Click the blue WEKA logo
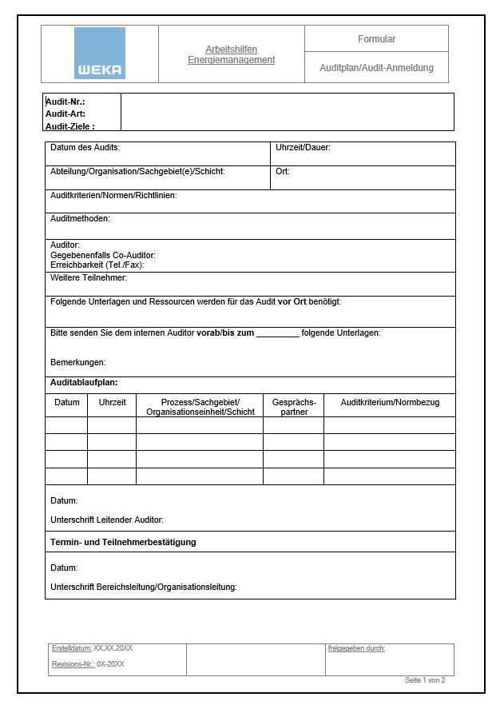point(100,53)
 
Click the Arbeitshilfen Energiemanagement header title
point(231,54)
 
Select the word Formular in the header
point(376,39)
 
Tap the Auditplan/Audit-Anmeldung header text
point(376,68)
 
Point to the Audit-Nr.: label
point(65,102)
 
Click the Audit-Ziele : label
point(70,126)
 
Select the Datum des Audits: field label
point(85,148)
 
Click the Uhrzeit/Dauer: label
point(303,148)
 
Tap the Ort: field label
point(283,171)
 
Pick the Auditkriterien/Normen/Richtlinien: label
point(113,195)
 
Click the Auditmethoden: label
point(80,218)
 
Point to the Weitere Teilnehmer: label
point(89,277)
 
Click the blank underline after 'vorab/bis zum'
point(277,333)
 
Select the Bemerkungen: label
point(77,362)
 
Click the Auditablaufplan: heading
point(84,382)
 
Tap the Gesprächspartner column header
point(294,407)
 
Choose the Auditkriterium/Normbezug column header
point(390,402)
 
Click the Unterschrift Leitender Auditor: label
point(107,520)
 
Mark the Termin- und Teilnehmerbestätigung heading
point(123,542)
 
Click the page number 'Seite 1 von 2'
point(425,680)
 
